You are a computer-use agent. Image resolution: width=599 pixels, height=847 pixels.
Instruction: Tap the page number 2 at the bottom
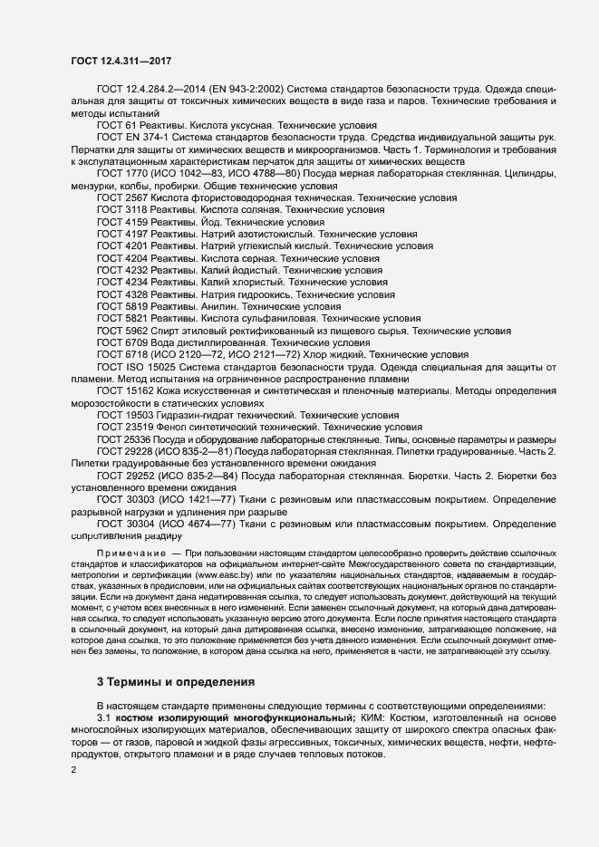(x=74, y=769)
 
